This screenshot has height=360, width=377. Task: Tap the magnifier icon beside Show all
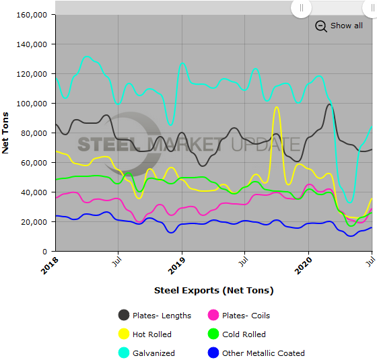click(x=321, y=26)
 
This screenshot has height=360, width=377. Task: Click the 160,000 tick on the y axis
click(x=30, y=15)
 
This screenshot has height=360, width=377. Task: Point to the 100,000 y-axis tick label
click(x=30, y=104)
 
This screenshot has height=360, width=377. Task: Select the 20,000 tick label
click(x=32, y=222)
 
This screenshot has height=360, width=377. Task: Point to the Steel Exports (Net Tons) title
click(x=213, y=291)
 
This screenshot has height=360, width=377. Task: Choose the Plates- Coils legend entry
click(x=246, y=316)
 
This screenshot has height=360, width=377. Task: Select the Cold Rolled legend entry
click(x=244, y=334)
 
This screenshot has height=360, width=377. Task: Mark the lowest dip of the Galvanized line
click(x=349, y=201)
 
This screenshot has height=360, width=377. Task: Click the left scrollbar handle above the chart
click(x=300, y=8)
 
